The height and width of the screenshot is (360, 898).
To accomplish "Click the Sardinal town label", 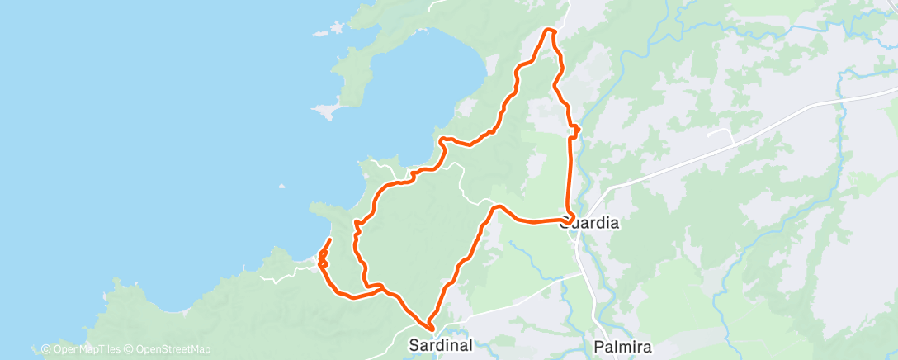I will click(438, 345).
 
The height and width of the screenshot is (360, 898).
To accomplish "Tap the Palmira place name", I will click(623, 345).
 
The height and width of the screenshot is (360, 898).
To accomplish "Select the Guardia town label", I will click(589, 223).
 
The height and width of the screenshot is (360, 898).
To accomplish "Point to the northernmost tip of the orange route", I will click(549, 30).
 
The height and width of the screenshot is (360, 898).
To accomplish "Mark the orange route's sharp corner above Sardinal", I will click(430, 329).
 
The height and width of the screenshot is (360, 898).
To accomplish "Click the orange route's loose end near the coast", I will click(330, 239).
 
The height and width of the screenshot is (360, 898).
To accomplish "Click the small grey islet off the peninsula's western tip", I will click(321, 109).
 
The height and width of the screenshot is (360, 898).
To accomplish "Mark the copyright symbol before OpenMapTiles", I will click(45, 349).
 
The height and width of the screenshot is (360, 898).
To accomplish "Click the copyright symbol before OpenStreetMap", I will click(129, 349).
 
